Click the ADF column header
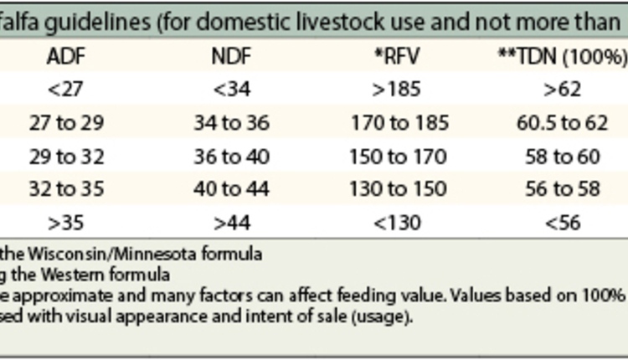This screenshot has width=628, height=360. tap(64, 56)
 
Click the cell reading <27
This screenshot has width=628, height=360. tap(64, 90)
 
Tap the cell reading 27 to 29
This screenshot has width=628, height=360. tap(64, 123)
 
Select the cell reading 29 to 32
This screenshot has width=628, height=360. tap(64, 156)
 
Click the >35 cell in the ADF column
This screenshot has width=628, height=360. tap(64, 223)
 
